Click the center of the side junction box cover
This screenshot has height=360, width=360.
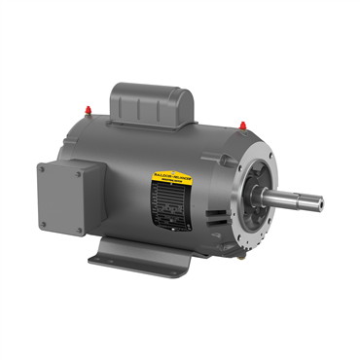[x=61, y=200]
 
